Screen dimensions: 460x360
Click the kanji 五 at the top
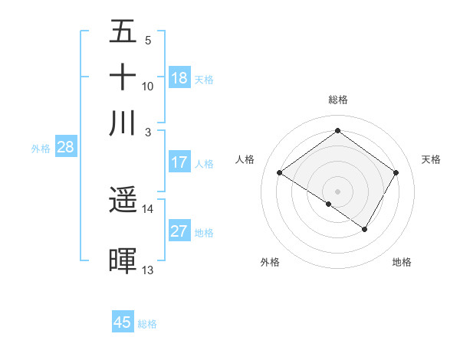pos(123,32)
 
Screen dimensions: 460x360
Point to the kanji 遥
pos(123,201)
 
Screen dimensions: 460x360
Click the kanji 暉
pos(123,260)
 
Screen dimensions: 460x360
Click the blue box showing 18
pos(179,78)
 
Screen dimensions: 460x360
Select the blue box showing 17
pos(179,162)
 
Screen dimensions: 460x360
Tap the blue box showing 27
pos(179,232)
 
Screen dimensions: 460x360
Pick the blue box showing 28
pos(65,148)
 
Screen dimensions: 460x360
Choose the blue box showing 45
pos(123,322)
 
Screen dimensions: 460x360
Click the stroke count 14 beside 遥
pos(148,208)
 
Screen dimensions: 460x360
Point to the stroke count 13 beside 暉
pos(148,270)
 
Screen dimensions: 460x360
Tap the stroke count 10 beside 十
pos(148,86)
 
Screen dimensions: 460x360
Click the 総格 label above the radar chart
pos(337,100)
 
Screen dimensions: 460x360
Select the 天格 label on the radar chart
pos(431,159)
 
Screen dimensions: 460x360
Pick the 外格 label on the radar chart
pos(270,262)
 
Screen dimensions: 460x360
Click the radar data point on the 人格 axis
pos(280,173)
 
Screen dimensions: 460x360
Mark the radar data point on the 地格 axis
pos(365,229)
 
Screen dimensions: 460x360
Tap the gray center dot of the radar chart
pos(337,191)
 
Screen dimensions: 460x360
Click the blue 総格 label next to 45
pos(147,324)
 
